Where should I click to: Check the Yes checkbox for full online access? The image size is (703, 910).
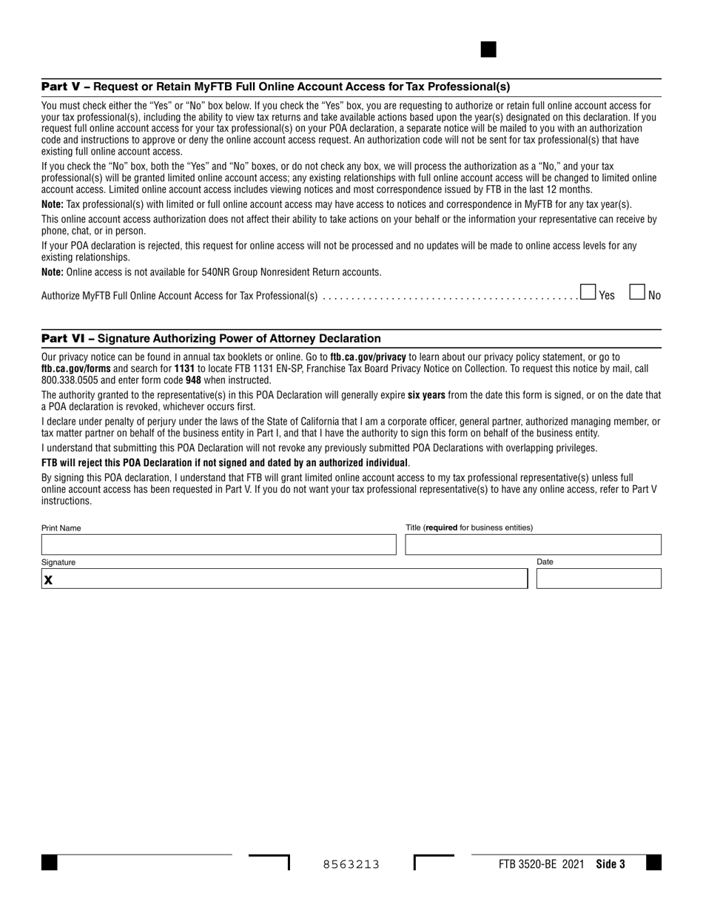tap(588, 292)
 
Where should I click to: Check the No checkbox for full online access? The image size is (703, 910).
tap(637, 292)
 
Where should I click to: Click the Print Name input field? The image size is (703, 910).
tap(219, 545)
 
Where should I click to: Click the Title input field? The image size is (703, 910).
tap(533, 545)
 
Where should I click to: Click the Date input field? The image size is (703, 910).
tap(598, 579)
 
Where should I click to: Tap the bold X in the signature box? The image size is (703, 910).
tap(48, 580)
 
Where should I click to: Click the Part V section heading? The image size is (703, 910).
tap(275, 87)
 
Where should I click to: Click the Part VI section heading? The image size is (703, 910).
tap(211, 338)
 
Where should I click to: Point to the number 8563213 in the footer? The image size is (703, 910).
tap(351, 864)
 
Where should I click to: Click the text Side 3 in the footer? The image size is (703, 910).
tap(610, 864)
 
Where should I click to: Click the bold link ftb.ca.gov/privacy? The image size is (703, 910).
tap(368, 357)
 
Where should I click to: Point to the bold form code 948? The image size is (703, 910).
tap(193, 380)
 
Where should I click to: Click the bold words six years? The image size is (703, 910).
tap(426, 395)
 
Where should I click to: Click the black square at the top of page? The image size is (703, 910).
tap(488, 50)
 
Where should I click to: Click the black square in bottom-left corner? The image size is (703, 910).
tap(49, 863)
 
